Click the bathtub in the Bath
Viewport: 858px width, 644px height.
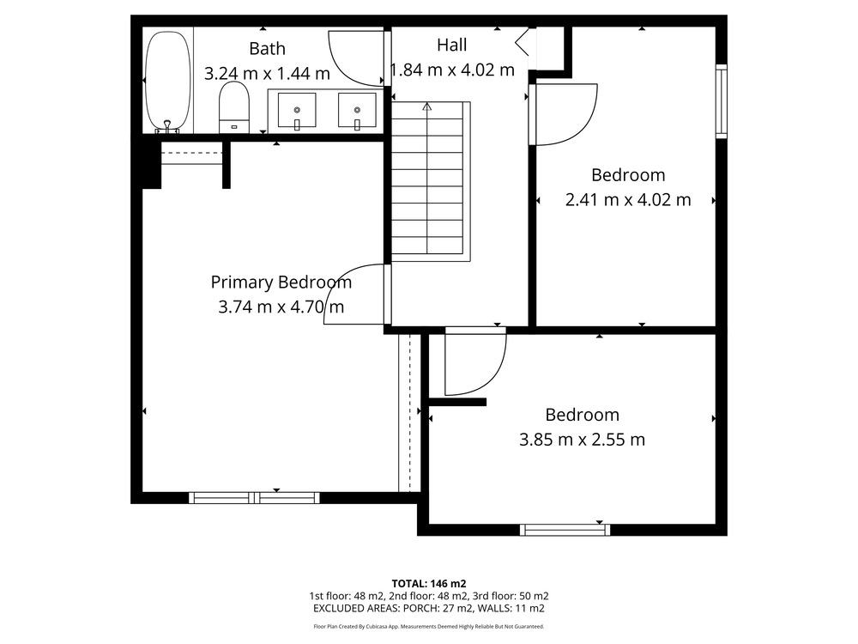click(168, 82)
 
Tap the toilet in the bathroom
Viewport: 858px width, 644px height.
click(234, 107)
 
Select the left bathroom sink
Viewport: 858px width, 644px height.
click(297, 110)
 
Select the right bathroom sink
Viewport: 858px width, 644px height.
click(357, 110)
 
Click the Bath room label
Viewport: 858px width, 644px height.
click(267, 49)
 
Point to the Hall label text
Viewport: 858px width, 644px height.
click(452, 45)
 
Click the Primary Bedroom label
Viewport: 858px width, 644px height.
click(281, 283)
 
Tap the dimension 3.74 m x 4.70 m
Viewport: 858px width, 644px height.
click(281, 307)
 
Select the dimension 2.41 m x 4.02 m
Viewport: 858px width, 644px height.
click(628, 200)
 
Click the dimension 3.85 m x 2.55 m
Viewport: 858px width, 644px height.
click(583, 439)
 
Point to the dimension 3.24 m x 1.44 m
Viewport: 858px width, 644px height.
click(267, 73)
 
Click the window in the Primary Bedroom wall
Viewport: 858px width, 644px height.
click(255, 498)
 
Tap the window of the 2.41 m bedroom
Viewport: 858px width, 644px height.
click(722, 101)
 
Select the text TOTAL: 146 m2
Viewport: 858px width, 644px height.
click(429, 584)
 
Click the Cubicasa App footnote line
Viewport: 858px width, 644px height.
click(429, 627)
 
